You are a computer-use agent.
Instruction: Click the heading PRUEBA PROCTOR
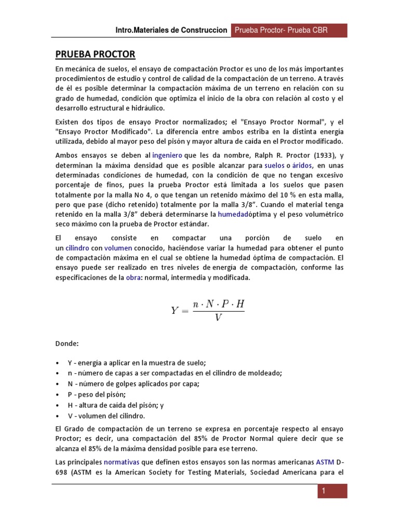pyautogui.click(x=95, y=54)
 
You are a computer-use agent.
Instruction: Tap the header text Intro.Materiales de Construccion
pyautogui.click(x=171, y=30)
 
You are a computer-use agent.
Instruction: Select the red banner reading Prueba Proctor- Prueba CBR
pyautogui.click(x=281, y=30)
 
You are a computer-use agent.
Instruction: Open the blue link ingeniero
pyautogui.click(x=167, y=155)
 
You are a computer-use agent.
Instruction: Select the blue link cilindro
pyautogui.click(x=77, y=248)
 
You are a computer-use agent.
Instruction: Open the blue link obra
pyautogui.click(x=133, y=277)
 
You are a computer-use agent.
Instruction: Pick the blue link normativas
pyautogui.click(x=122, y=460)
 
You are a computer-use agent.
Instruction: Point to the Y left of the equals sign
pyautogui.click(x=175, y=310)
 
